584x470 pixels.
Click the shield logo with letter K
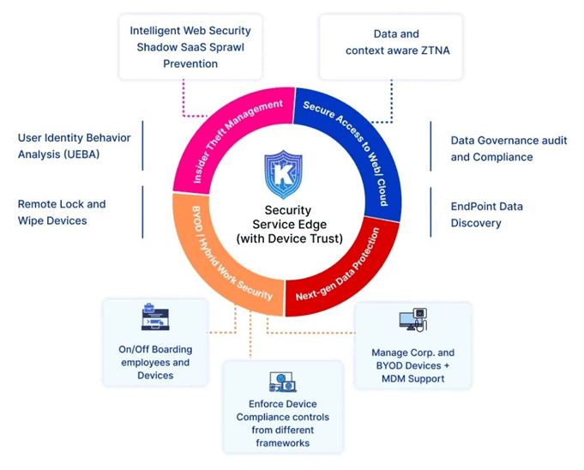tap(283, 174)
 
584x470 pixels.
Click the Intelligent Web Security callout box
tap(190, 46)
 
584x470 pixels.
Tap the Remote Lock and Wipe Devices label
tap(62, 212)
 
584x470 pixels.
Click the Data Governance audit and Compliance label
tap(509, 148)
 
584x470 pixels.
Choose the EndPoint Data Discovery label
tap(486, 214)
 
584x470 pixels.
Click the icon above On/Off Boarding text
tap(155, 318)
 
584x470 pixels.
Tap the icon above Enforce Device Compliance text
tap(282, 382)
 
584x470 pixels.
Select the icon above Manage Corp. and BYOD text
tap(412, 322)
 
